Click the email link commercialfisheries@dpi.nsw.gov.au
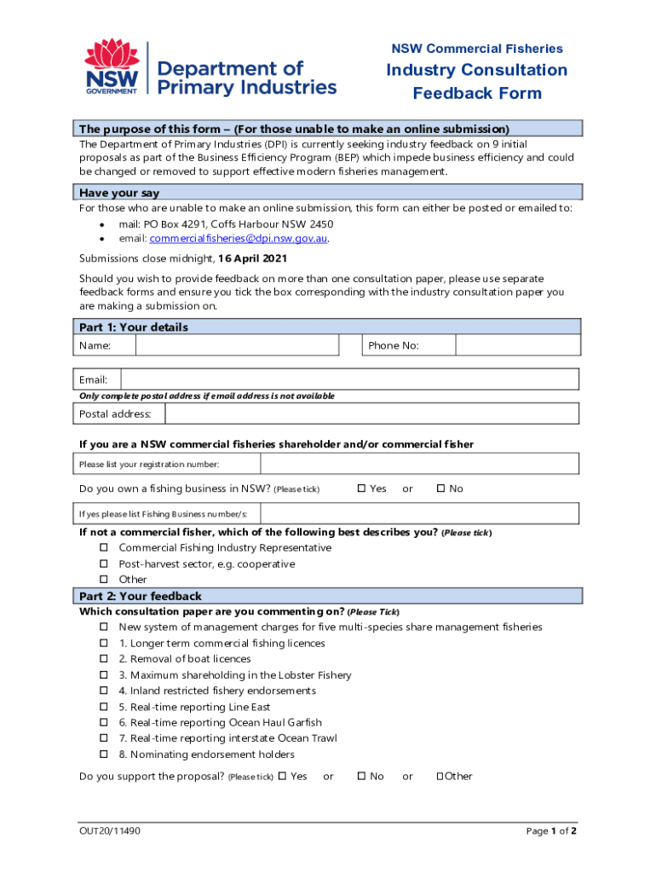(238, 239)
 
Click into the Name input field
(237, 345)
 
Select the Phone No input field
(517, 345)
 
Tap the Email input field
(349, 379)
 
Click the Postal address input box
(371, 413)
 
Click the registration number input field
(419, 464)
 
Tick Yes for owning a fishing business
(361, 489)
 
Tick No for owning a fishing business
(440, 489)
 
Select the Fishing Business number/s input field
(419, 514)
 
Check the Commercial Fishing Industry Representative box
(104, 547)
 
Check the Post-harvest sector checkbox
(104, 564)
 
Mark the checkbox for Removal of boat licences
(104, 659)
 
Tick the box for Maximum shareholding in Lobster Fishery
(104, 675)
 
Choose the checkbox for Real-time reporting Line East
(104, 707)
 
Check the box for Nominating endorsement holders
(104, 754)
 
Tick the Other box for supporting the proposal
(440, 776)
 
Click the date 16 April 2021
(252, 258)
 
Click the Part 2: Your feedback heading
(141, 596)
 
